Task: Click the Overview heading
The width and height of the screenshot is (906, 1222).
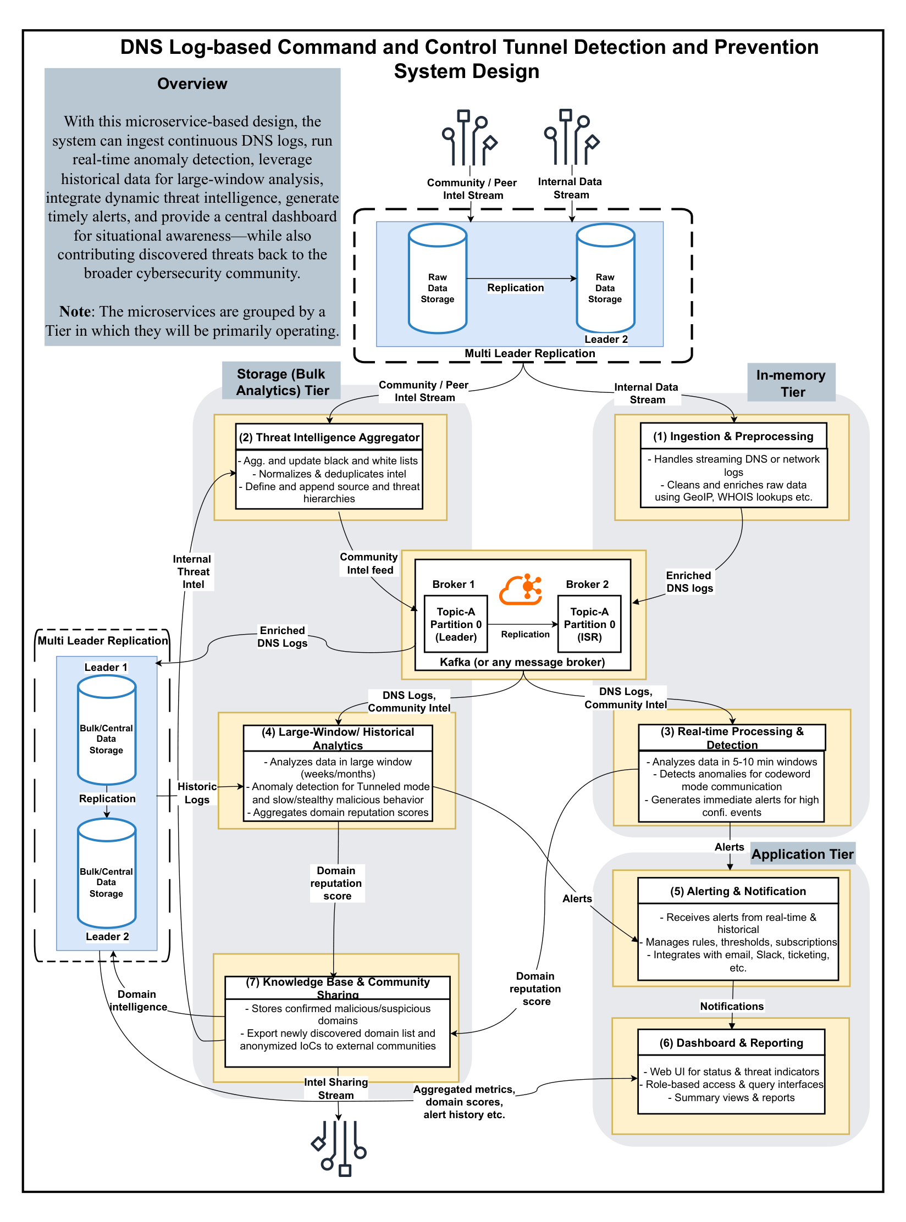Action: coord(192,84)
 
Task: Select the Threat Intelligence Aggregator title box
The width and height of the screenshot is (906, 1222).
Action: coord(329,437)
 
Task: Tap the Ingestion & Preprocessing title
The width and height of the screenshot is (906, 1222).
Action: coord(733,436)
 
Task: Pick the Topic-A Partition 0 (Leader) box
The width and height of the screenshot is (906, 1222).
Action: coord(456,624)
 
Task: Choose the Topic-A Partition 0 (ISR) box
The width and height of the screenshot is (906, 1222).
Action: coord(589,624)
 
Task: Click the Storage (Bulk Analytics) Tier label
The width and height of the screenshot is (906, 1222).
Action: coord(281,382)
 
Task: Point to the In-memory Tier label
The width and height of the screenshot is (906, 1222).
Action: coord(791,383)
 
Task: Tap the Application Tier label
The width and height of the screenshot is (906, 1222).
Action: coord(802,854)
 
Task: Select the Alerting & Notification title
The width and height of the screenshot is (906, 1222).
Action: coord(738,891)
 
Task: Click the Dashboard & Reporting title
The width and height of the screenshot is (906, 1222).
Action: coord(731,1043)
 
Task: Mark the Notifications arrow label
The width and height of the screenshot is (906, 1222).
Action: coord(731,1006)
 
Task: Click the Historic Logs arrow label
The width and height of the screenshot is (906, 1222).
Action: coord(197,793)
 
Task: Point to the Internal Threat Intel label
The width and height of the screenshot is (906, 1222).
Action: coord(192,571)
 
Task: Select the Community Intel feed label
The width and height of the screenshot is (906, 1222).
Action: coord(369,563)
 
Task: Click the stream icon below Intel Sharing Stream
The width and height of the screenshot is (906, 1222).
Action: coord(339,1148)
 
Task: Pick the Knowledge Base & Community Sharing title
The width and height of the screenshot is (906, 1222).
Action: coord(338,988)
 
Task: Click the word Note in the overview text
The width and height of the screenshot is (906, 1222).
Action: coord(75,312)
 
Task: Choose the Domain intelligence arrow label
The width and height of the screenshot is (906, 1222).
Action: coord(137,1000)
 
